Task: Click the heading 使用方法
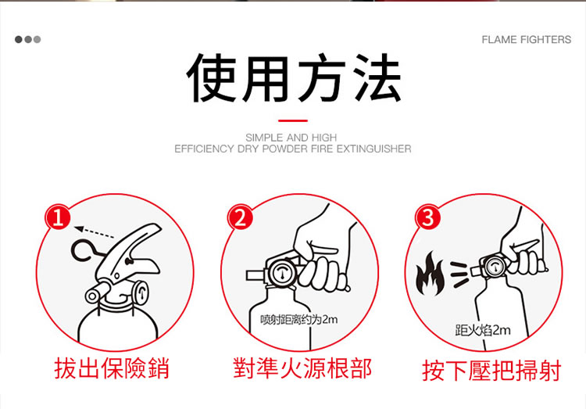(x=293, y=78)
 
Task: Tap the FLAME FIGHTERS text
(x=526, y=39)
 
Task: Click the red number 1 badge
(x=58, y=217)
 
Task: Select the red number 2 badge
(x=241, y=217)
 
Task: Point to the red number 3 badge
(x=428, y=217)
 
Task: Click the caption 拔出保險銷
(x=112, y=368)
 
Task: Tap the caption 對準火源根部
(x=302, y=368)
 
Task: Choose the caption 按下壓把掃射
(x=491, y=371)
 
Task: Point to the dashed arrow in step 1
(x=95, y=232)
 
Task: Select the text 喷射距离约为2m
(x=299, y=320)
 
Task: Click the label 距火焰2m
(x=483, y=331)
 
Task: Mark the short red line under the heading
(x=293, y=120)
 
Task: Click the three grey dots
(x=27, y=39)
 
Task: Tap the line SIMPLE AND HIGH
(x=291, y=138)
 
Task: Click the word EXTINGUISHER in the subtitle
(x=373, y=149)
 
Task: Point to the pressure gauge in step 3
(x=495, y=267)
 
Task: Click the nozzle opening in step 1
(x=91, y=296)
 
